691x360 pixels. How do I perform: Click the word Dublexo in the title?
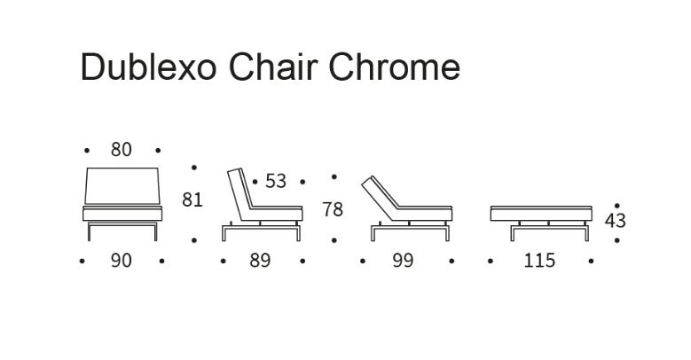coord(148,67)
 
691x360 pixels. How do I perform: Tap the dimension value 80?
coord(122,150)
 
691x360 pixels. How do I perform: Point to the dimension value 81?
coord(192,200)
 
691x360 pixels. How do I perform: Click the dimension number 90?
coord(122,261)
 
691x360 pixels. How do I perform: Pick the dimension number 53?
coord(276,181)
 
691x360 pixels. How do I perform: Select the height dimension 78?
coord(333,210)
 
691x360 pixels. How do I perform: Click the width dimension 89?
coord(260,261)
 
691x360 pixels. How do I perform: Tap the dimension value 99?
coord(404,261)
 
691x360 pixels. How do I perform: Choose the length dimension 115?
coord(539,261)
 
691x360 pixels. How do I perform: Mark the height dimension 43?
coord(616,221)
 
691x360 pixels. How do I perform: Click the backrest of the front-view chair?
coord(122,186)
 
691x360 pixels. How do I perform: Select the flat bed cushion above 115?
coord(541,214)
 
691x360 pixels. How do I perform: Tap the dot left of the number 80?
coord(87,151)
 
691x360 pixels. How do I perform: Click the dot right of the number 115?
coord(591,261)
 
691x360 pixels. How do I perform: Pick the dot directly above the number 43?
coord(617,206)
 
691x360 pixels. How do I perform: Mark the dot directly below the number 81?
coord(194,240)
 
